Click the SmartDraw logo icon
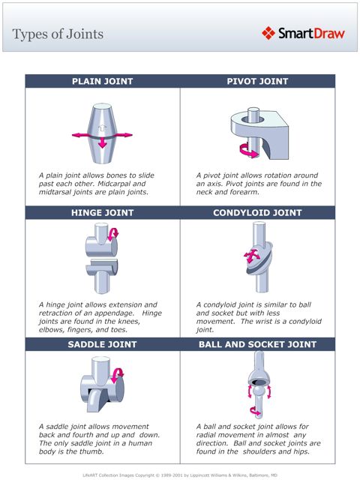[x=268, y=33]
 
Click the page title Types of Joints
[x=58, y=34]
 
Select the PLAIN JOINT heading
[x=102, y=81]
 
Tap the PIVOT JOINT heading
[x=257, y=81]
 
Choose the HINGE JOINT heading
[x=102, y=212]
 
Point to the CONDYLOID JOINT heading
[x=257, y=212]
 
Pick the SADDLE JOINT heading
[x=102, y=344]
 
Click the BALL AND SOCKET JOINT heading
[x=257, y=344]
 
